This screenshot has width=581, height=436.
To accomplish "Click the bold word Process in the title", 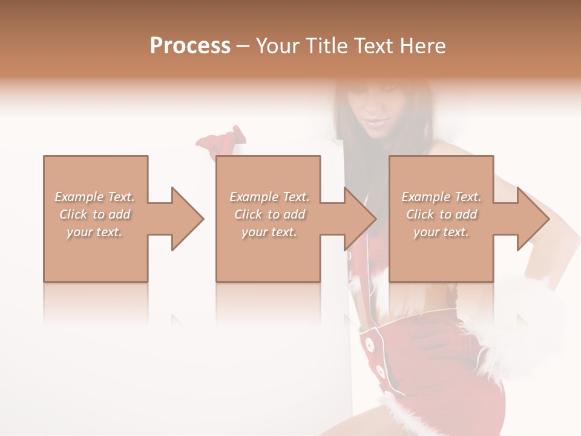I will pos(190,46).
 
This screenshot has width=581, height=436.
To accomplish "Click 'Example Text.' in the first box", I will pos(94,197).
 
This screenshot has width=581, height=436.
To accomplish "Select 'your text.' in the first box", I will pos(94,232).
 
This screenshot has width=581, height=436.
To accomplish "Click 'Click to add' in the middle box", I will pos(269,214).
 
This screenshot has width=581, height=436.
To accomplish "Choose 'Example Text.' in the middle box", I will pos(269,197).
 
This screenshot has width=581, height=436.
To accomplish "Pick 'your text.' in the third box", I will pos(441,232).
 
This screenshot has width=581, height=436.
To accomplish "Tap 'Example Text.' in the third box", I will pos(441,197).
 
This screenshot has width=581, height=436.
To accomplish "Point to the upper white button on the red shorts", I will pos(369,343).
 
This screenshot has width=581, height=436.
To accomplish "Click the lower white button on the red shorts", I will pos(380,370).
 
